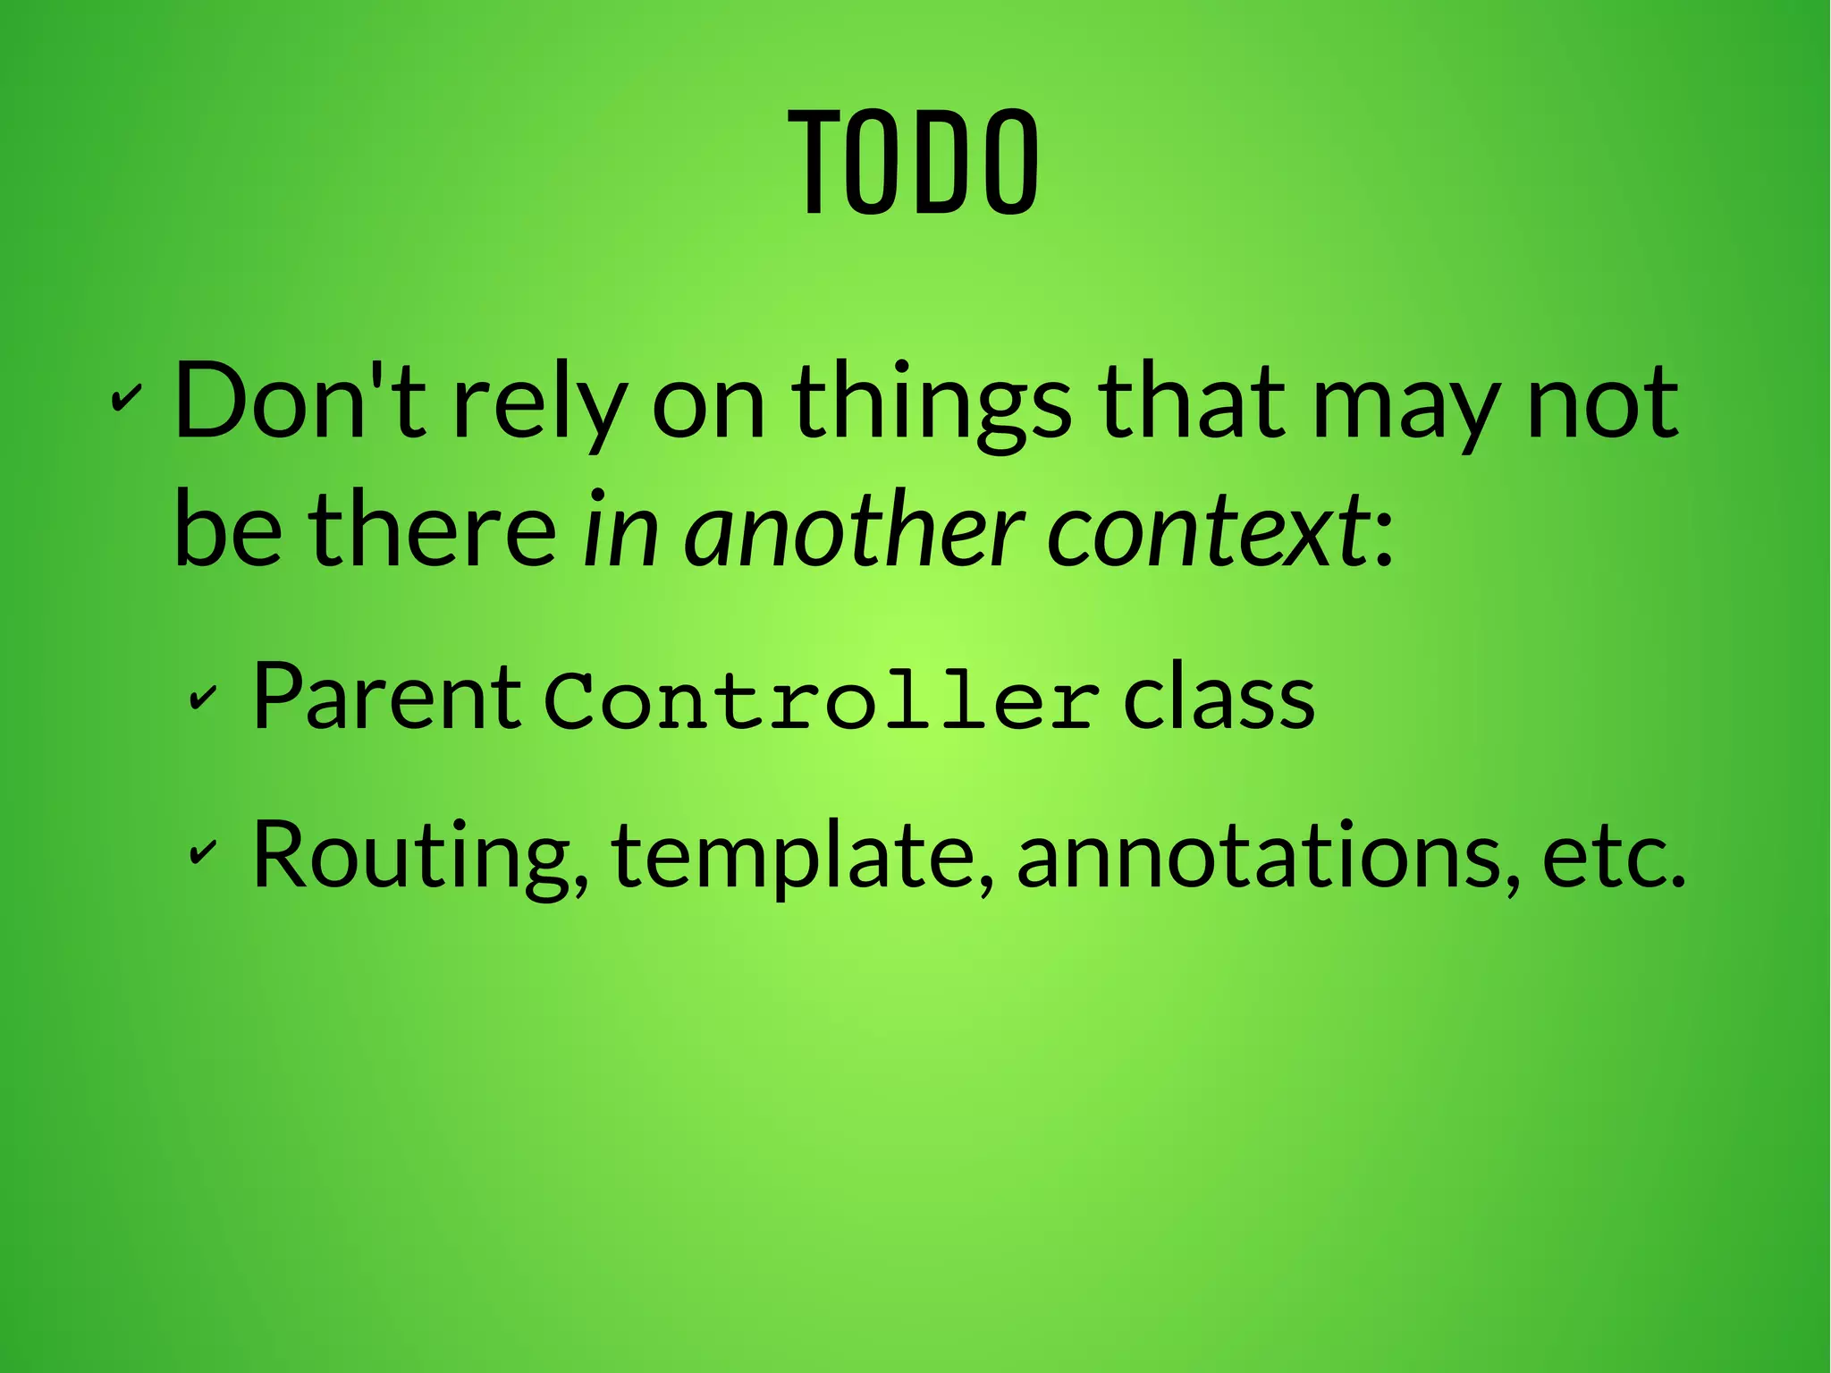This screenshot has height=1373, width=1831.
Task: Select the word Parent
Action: pos(386,697)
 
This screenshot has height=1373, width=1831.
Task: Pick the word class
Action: pos(1219,697)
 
